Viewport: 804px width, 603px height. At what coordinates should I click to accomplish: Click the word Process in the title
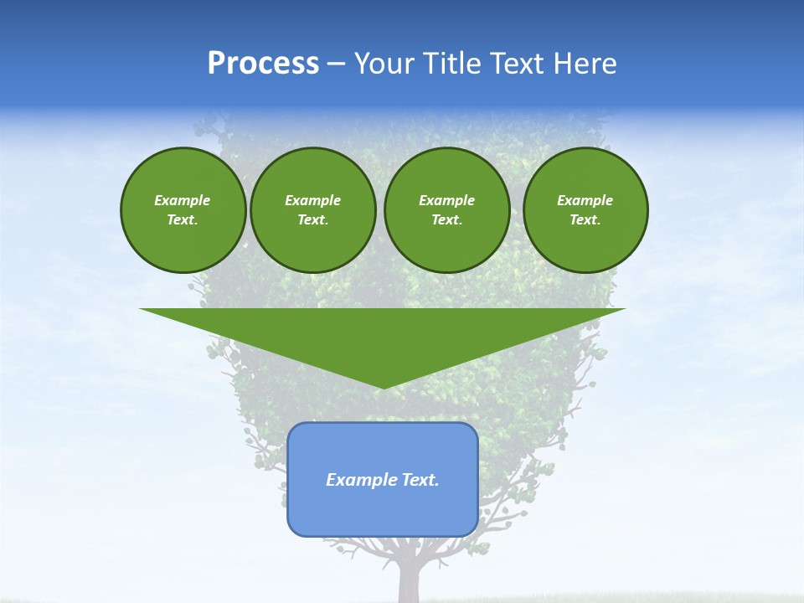pos(263,64)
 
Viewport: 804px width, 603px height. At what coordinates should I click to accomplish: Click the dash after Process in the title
pos(336,64)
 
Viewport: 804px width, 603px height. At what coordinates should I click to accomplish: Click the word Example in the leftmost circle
pos(183,200)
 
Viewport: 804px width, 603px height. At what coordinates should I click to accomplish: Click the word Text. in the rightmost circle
pos(585,219)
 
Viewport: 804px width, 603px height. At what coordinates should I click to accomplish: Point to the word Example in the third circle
pos(446,200)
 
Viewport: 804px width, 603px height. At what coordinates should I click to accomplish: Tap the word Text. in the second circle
pos(313,219)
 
